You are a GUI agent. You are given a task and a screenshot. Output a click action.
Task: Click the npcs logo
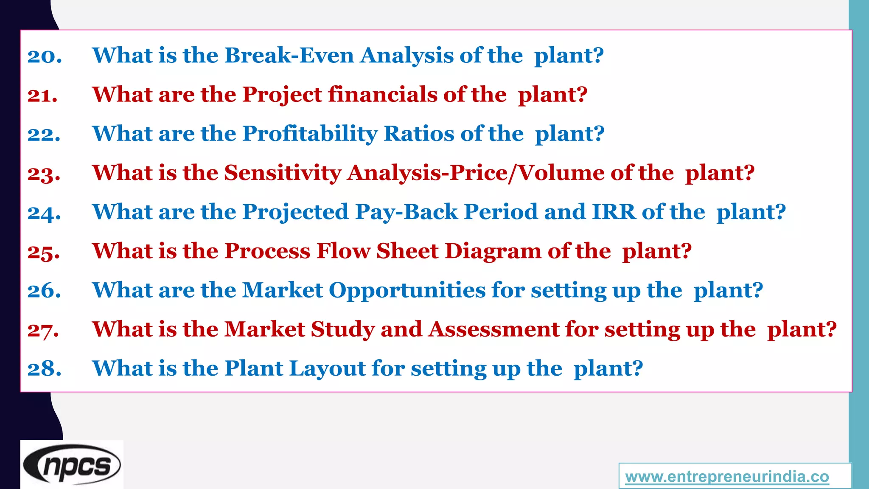72,465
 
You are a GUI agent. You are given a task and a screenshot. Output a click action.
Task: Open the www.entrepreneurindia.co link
727,477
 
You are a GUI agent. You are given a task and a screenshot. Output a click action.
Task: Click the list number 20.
45,56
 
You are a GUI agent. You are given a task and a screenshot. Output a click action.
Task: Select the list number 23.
44,174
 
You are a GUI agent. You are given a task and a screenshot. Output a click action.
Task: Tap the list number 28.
44,368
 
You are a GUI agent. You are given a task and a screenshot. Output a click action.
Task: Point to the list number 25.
44,252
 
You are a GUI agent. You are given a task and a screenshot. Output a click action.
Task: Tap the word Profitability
309,134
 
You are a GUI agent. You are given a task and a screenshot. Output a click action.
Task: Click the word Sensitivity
283,173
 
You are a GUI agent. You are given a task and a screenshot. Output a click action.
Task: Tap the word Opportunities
407,290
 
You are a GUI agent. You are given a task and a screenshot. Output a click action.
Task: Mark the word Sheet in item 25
407,251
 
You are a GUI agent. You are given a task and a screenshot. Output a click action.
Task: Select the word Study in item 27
342,329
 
